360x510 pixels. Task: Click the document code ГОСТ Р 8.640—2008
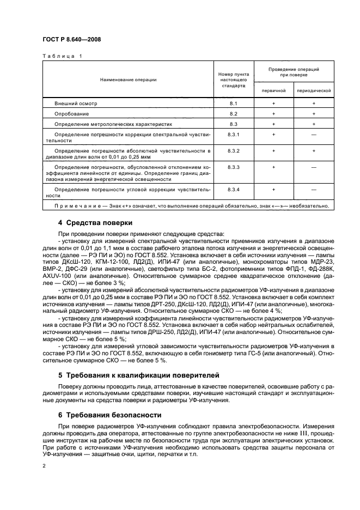click(70, 40)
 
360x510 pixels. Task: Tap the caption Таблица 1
click(61, 56)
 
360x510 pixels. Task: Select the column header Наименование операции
click(128, 80)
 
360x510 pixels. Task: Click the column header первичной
click(273, 90)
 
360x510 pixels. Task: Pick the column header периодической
click(314, 90)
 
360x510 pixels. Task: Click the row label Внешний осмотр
click(75, 103)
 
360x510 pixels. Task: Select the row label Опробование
click(71, 113)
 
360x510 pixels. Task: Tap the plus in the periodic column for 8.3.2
click(314, 150)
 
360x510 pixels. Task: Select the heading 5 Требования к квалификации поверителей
click(138, 375)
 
